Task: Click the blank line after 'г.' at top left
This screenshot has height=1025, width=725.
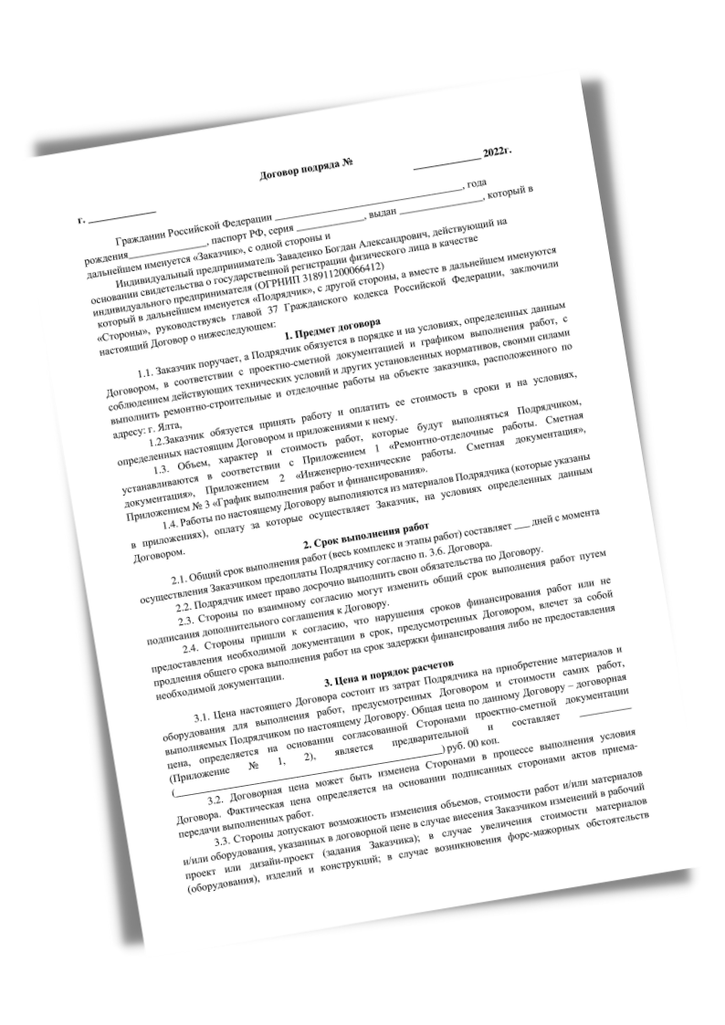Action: point(110,217)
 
